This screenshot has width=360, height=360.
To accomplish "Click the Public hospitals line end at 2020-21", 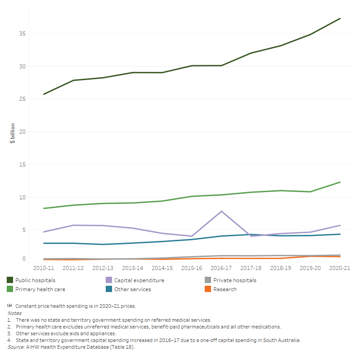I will tap(340, 18).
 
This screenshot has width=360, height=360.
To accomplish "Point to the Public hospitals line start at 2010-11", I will tap(44, 94).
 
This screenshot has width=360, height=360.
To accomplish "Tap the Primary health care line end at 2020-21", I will tap(340, 182).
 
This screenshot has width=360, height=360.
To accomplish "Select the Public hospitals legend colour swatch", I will tap(10, 280).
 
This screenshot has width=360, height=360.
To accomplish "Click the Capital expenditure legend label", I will tap(139, 280).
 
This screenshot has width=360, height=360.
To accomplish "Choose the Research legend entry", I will tap(225, 289).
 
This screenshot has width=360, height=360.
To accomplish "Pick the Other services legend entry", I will tap(132, 289).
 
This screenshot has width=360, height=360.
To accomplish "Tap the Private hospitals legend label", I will tap(235, 280).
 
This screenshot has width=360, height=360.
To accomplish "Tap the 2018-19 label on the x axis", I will tap(281, 268).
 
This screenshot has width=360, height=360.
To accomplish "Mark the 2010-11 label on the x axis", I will tap(44, 268).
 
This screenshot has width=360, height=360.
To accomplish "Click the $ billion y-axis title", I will tap(13, 133).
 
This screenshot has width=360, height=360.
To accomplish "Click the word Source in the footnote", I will tap(15, 347).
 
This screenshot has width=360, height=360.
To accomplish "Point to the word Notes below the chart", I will tap(14, 312).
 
